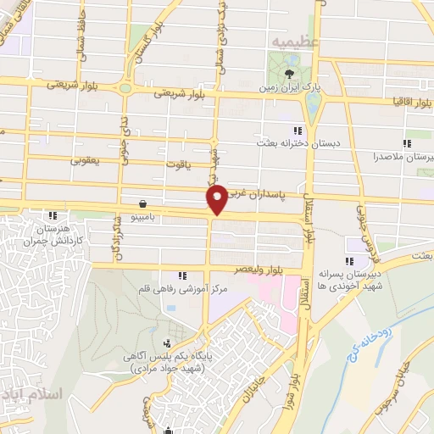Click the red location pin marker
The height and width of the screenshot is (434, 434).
(x=218, y=198)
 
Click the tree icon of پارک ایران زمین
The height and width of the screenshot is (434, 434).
(x=290, y=73)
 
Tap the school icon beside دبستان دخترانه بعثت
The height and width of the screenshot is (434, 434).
(x=297, y=131)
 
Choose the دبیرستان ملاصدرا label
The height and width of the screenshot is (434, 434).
(x=407, y=157)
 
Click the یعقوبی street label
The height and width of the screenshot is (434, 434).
(x=84, y=157)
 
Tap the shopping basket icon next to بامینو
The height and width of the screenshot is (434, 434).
(x=141, y=203)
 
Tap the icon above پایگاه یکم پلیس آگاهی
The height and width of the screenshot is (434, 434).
(x=166, y=344)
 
